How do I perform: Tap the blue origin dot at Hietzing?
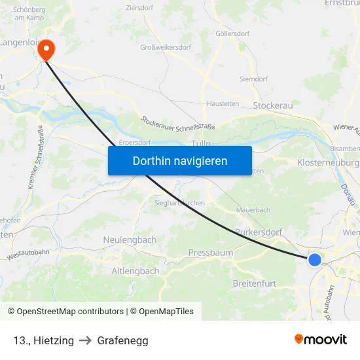pyautogui.click(x=315, y=260)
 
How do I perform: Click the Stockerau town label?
pyautogui.click(x=272, y=105)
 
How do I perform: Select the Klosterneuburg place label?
pyautogui.click(x=328, y=162)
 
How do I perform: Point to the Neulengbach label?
pyautogui.click(x=130, y=240)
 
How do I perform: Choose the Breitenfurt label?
pyautogui.click(x=255, y=283)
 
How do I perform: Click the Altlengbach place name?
pyautogui.click(x=135, y=271)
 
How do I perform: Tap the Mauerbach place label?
pyautogui.click(x=253, y=210)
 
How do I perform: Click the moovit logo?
pyautogui.click(x=320, y=340)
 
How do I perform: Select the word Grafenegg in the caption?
pyautogui.click(x=122, y=340)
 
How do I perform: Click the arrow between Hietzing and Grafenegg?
pyautogui.click(x=85, y=340)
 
